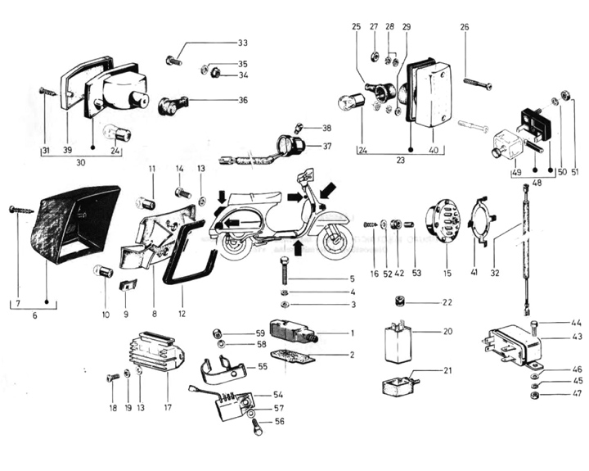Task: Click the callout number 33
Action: pos(242,43)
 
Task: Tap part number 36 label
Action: pos(242,100)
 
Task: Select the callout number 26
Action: pos(465,27)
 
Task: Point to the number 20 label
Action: pos(447,332)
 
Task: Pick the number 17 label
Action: pos(167,406)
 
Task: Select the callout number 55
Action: pos(263,367)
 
